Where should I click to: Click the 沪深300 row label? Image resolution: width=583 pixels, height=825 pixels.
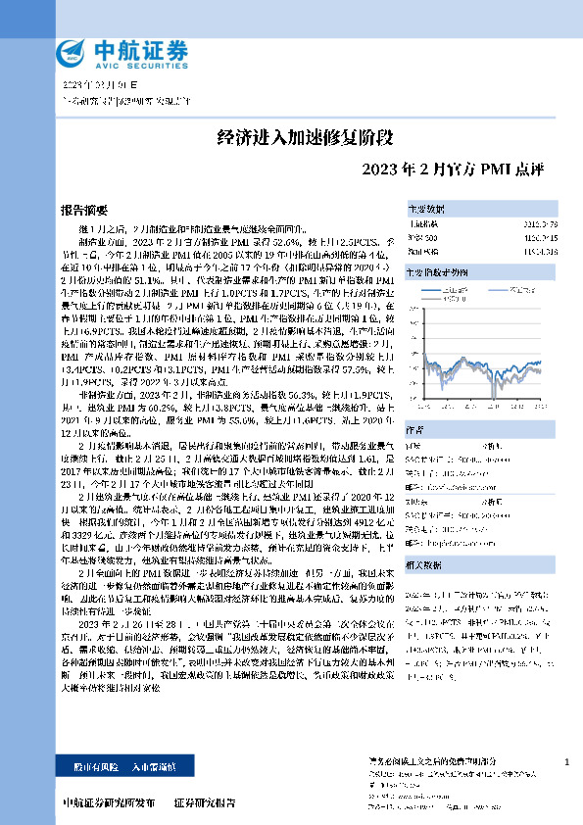tap(420, 236)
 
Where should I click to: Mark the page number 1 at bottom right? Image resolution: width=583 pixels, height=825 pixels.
tap(567, 761)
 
